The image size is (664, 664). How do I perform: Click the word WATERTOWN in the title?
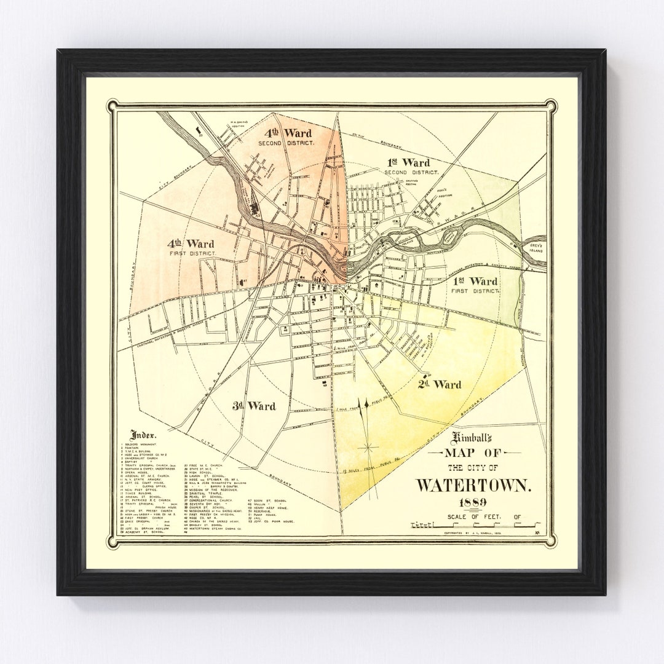tap(474, 484)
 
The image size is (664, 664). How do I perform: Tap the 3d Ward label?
tap(255, 406)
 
